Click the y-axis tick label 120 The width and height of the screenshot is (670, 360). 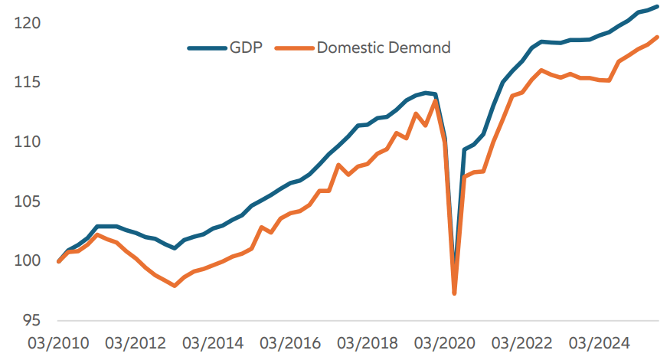pyautogui.click(x=28, y=24)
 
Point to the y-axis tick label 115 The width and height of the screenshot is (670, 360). pyautogui.click(x=28, y=83)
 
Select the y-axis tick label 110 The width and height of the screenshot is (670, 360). pyautogui.click(x=28, y=142)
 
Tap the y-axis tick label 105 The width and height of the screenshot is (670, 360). pyautogui.click(x=28, y=201)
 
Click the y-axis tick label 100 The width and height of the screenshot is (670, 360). pyautogui.click(x=28, y=261)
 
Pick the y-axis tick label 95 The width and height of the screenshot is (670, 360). pyautogui.click(x=32, y=320)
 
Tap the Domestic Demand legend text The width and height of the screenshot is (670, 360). pyautogui.click(x=384, y=47)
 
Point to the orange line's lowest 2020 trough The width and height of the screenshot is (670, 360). pyautogui.click(x=455, y=293)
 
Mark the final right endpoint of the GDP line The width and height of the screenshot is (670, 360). pyautogui.click(x=658, y=7)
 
